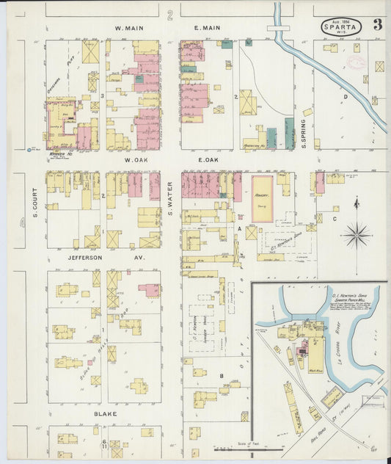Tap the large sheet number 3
[377, 27]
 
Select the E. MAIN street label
[207, 29]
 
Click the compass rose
[357, 235]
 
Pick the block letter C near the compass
[335, 218]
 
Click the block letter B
[221, 375]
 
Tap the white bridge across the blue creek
[279, 29]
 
